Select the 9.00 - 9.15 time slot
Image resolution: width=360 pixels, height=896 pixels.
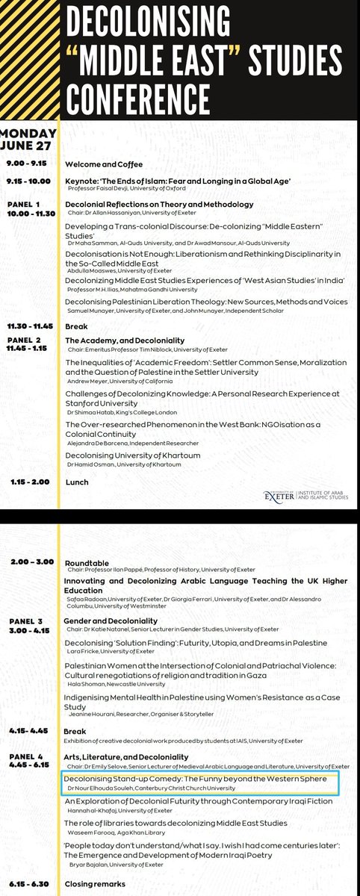coord(25,163)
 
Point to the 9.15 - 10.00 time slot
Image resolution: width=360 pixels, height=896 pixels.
coord(28,181)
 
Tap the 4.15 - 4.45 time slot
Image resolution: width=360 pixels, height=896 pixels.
coord(26,730)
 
